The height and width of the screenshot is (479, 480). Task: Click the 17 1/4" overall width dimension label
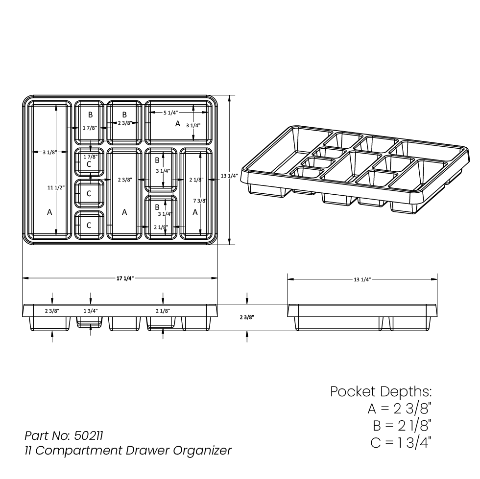(x=125, y=278)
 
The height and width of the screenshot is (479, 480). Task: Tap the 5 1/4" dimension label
(x=170, y=113)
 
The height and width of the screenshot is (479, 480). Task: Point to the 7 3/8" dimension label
(x=200, y=201)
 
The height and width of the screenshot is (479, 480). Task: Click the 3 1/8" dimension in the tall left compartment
(x=49, y=152)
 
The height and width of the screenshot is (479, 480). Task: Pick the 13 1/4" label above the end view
(x=362, y=279)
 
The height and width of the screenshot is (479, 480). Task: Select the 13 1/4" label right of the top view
(x=229, y=176)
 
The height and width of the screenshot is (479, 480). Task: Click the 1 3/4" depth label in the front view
(x=90, y=311)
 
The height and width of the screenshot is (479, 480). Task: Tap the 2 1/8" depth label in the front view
(x=163, y=311)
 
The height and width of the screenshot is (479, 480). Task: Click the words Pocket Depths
(x=381, y=392)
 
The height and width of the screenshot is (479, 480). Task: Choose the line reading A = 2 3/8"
(x=399, y=409)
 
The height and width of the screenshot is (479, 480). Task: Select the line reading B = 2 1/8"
(x=402, y=426)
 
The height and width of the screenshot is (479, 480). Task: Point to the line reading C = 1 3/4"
(x=401, y=442)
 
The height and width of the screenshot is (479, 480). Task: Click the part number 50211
(x=89, y=435)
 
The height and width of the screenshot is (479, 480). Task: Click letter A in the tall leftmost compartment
(x=49, y=212)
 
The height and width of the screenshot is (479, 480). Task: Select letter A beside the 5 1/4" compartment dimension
(x=178, y=124)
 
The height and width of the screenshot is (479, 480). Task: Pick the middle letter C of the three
(x=89, y=194)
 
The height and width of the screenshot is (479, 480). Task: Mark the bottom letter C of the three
(x=89, y=226)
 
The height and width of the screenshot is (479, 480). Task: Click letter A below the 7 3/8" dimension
(x=195, y=212)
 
